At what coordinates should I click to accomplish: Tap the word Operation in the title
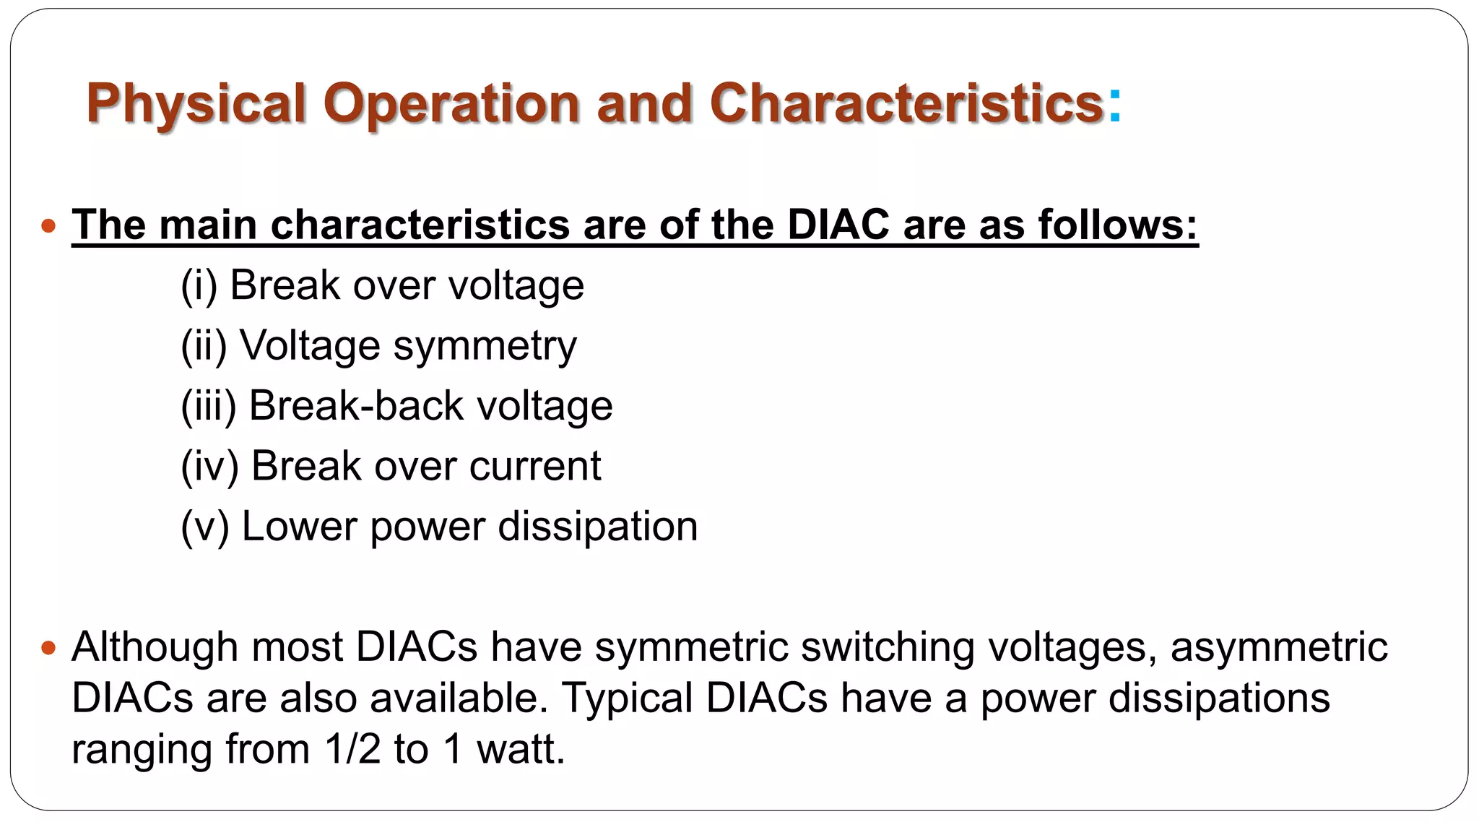click(x=451, y=104)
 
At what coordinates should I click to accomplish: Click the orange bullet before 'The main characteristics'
click(x=48, y=226)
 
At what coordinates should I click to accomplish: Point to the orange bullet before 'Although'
click(x=48, y=648)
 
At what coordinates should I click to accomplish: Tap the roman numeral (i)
click(x=199, y=285)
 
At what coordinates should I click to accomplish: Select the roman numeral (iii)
click(x=209, y=406)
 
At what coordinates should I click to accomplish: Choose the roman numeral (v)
click(x=204, y=526)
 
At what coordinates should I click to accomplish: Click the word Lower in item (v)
click(x=299, y=526)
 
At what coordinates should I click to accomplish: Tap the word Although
click(x=155, y=646)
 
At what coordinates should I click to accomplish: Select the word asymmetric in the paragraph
click(x=1279, y=646)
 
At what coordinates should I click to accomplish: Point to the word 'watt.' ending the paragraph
click(x=521, y=750)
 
